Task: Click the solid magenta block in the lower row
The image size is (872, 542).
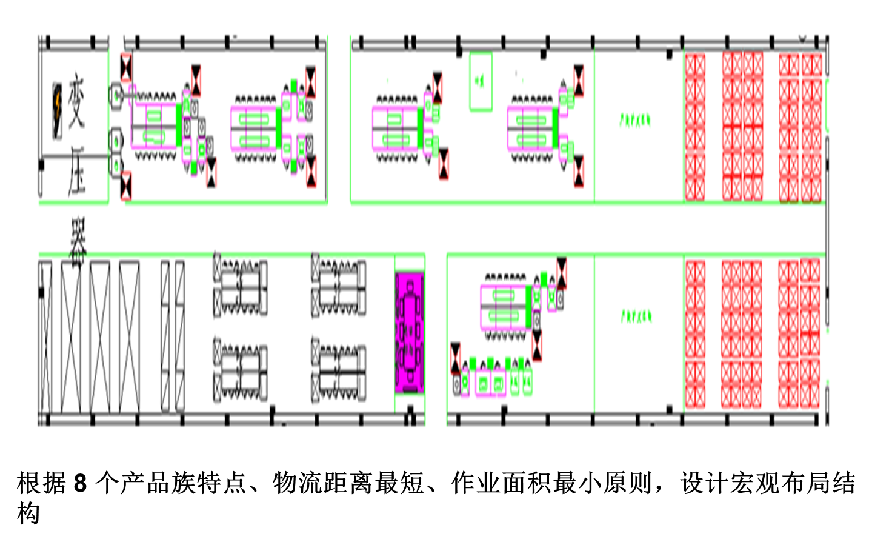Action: pyautogui.click(x=410, y=332)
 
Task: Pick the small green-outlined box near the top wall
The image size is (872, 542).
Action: pyautogui.click(x=481, y=81)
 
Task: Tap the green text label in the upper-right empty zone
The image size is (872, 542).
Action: pyautogui.click(x=634, y=119)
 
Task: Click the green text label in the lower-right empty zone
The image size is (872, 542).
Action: pyautogui.click(x=636, y=316)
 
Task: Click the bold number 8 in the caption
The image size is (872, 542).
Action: pyautogui.click(x=80, y=484)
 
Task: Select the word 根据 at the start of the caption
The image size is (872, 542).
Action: pyautogui.click(x=41, y=484)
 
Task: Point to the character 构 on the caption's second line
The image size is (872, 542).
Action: pyautogui.click(x=28, y=514)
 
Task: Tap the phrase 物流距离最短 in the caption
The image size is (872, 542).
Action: pyautogui.click(x=348, y=484)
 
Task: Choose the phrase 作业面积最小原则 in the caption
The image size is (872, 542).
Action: pyautogui.click(x=552, y=484)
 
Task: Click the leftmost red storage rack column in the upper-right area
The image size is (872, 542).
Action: pyautogui.click(x=695, y=127)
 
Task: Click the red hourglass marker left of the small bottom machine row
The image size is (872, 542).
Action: pyautogui.click(x=456, y=358)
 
